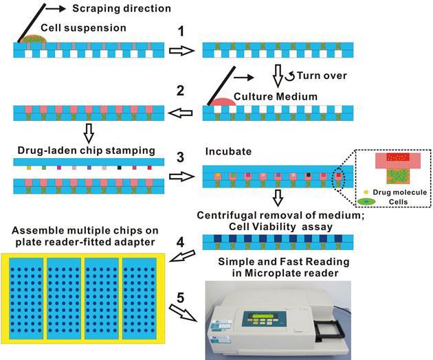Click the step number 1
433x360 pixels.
pos(180,32)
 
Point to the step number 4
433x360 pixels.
pos(180,242)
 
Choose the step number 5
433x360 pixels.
pos(180,299)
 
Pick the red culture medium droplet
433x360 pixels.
pos(221,101)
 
